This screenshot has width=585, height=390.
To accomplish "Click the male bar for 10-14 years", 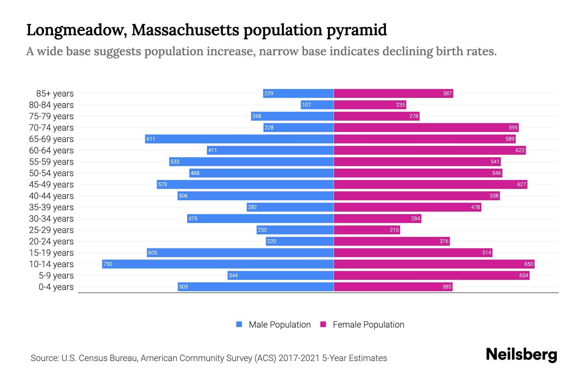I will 218,264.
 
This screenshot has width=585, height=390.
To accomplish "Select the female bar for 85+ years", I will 393,94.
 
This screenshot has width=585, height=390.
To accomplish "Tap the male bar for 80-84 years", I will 317,105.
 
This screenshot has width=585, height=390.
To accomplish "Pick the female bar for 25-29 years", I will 367,230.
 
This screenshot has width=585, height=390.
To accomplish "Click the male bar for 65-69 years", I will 239,139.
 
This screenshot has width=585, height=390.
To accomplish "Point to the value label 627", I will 521,185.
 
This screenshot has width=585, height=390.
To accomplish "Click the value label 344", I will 233,276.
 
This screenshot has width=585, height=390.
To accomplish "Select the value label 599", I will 513,128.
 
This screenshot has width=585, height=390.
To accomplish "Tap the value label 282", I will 253,207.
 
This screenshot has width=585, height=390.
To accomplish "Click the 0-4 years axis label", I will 56,287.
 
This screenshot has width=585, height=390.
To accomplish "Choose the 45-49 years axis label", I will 51,185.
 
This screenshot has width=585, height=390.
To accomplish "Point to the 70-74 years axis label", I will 51,128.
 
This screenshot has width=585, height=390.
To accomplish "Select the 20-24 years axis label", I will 51,241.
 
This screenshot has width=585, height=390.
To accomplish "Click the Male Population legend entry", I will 279,325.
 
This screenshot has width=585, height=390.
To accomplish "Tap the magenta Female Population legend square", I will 323,324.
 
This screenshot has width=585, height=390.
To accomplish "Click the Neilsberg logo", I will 521,355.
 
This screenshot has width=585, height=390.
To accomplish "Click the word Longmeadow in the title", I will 77,30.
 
